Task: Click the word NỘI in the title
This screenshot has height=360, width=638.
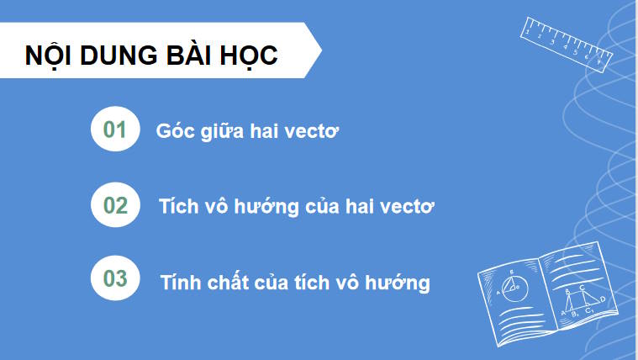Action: click(49, 56)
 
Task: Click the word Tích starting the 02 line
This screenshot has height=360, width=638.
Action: click(177, 206)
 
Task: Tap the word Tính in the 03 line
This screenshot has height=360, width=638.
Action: click(179, 281)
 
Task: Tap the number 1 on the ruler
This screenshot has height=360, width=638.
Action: click(527, 33)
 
